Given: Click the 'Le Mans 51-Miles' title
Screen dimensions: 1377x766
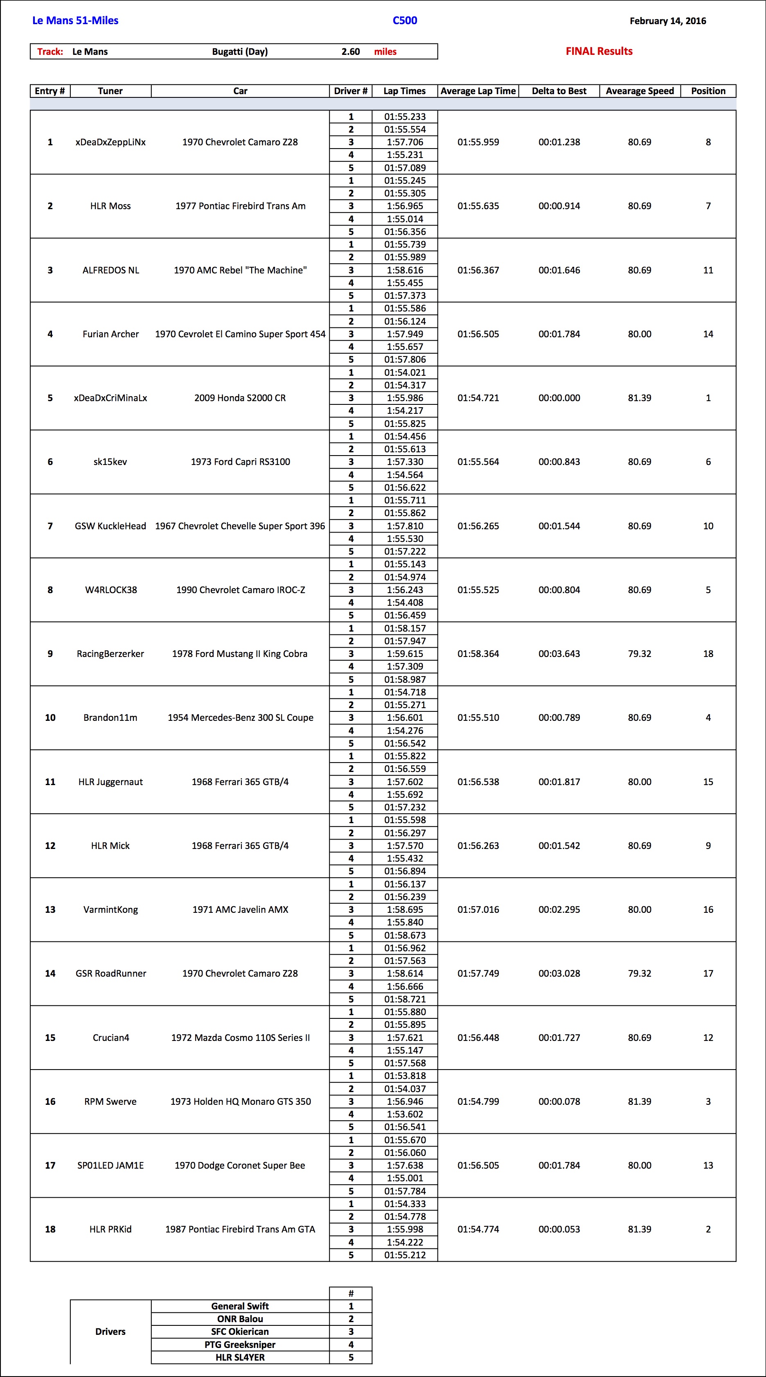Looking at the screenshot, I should pos(75,21).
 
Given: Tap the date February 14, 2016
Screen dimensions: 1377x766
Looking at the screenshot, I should pos(668,21).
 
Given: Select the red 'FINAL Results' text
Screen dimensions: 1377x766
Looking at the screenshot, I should pos(599,51).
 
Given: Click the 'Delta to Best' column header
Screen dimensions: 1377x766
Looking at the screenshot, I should pos(559,91).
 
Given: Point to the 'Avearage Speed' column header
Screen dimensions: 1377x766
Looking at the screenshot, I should pos(639,91).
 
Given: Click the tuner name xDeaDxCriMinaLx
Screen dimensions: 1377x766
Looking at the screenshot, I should pos(110,398).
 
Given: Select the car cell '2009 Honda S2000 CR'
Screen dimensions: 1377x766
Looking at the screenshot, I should pos(240,398).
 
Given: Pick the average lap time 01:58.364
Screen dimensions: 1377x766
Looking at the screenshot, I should pos(478,654).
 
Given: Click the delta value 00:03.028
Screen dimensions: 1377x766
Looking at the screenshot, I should pos(559,973).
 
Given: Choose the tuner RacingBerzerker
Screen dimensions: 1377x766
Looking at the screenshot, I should pos(110,654).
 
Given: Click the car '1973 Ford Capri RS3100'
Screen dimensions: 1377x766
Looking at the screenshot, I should pos(240,462).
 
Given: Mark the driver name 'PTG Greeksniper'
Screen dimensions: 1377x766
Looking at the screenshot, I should pos(240,1344).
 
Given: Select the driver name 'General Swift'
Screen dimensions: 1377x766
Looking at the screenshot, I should pos(240,1306).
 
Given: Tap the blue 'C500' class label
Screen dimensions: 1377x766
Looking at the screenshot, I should pos(405,21).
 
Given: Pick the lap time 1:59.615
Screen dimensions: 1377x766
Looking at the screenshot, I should pos(405,654).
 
